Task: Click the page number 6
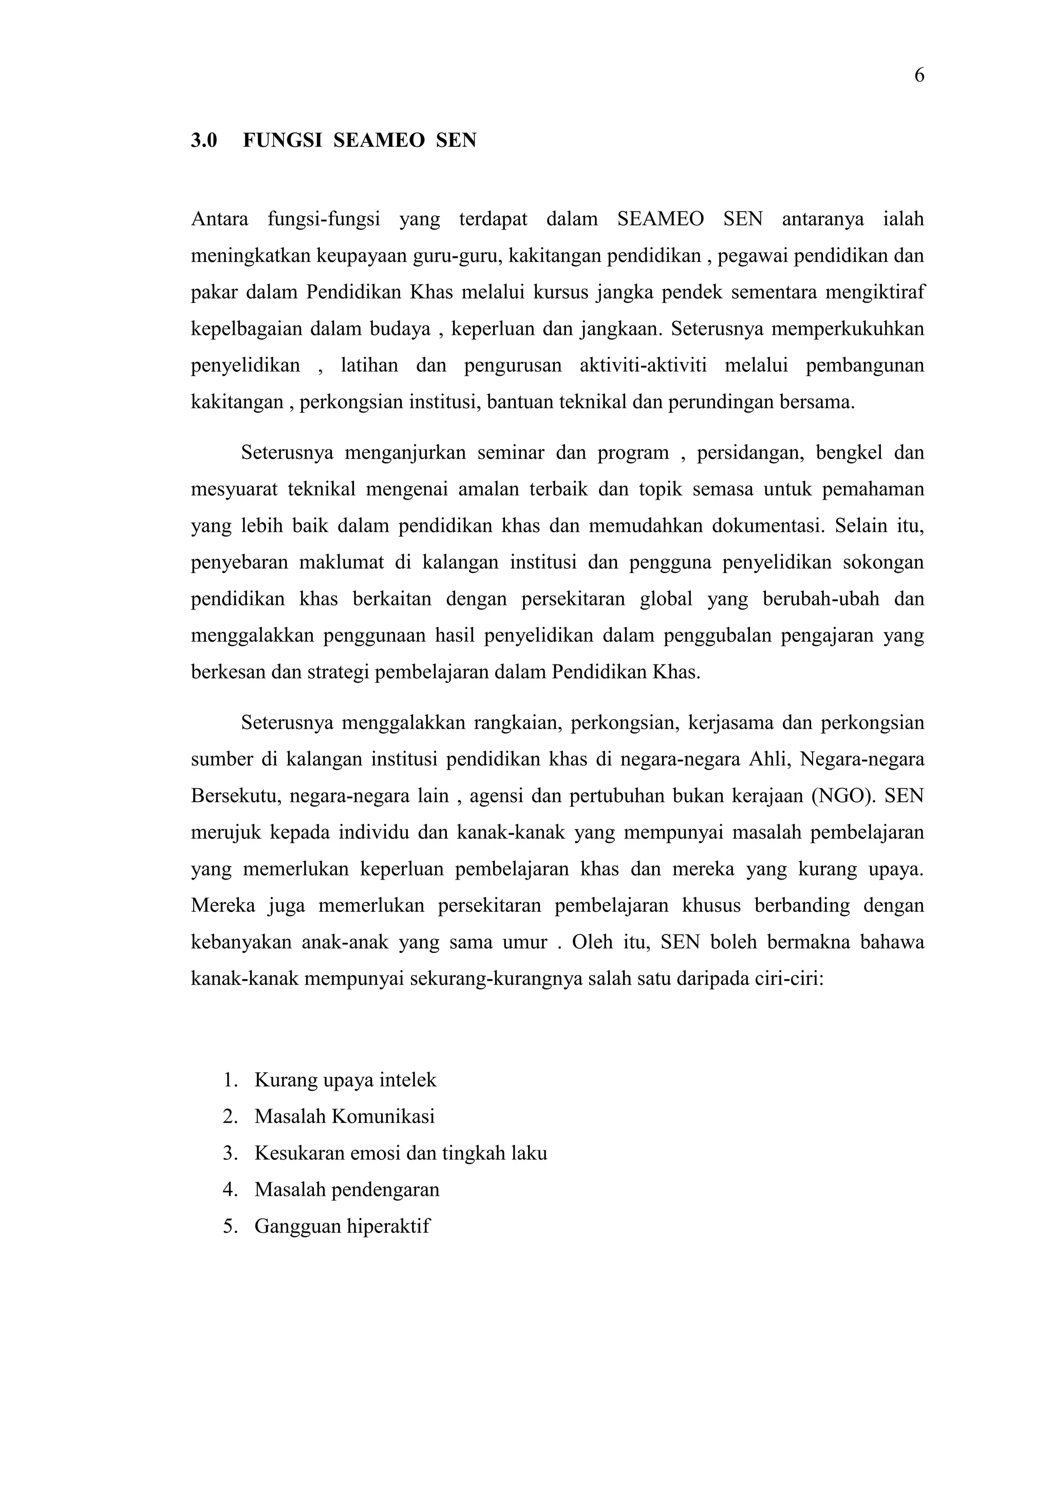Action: [x=918, y=76]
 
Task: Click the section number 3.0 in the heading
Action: [x=204, y=141]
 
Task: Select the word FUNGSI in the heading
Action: [x=283, y=141]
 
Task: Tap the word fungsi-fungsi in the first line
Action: [x=324, y=220]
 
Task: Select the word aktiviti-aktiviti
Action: [x=643, y=366]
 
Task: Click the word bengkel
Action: [x=849, y=452]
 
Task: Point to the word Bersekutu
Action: [x=235, y=795]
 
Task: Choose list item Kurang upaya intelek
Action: [x=345, y=1080]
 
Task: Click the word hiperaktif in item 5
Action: [x=388, y=1227]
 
